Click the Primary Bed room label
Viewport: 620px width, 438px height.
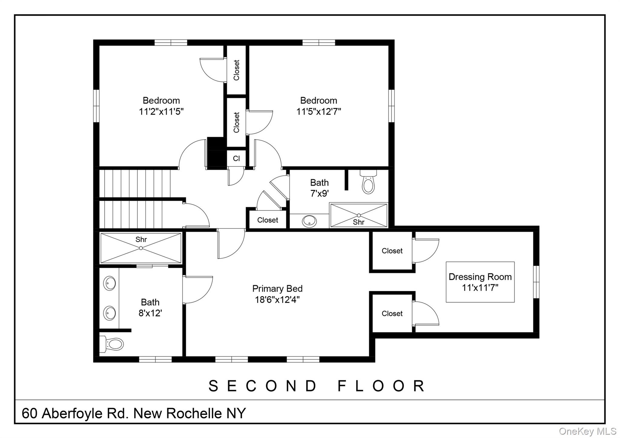point(277,289)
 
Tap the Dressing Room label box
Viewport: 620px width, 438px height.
point(480,282)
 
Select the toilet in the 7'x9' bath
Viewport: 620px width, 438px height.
point(368,183)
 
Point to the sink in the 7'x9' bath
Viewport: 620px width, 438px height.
point(309,221)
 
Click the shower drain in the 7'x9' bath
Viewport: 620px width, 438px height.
point(359,215)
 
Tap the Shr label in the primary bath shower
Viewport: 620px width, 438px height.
point(141,240)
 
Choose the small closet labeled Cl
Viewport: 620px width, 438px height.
point(236,158)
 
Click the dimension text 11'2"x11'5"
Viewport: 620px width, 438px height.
point(161,112)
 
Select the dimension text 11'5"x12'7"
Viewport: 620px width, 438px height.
point(318,112)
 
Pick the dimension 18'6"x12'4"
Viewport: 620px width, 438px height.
point(277,300)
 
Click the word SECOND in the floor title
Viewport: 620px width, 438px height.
point(262,386)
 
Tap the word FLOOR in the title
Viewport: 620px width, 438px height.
point(381,386)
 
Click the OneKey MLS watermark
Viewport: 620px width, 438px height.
point(587,431)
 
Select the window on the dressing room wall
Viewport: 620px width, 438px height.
point(536,282)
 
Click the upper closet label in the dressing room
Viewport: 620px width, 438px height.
point(392,251)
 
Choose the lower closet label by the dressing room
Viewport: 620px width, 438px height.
point(392,314)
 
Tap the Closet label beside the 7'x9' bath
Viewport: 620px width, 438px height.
point(268,220)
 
